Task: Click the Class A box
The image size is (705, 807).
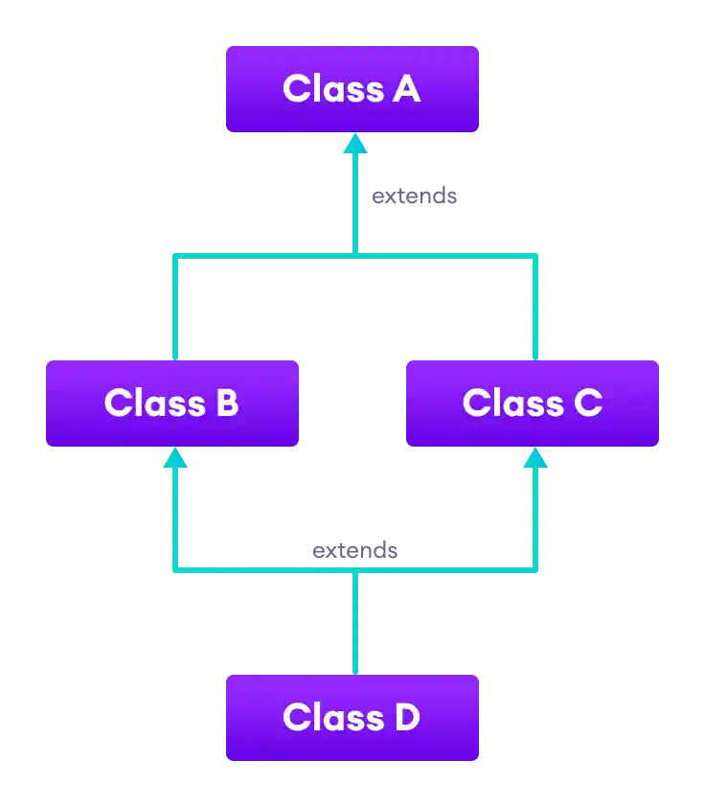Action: tap(352, 89)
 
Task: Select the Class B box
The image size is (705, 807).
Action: tap(171, 403)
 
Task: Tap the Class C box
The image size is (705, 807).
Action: tap(532, 403)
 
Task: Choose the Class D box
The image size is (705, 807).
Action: tap(352, 718)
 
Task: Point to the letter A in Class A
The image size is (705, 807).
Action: tap(406, 89)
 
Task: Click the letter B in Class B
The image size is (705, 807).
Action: tap(227, 403)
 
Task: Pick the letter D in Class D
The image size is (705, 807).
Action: tap(406, 718)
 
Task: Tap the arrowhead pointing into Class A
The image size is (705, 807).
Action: tap(355, 143)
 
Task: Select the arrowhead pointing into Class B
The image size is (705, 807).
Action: tap(174, 457)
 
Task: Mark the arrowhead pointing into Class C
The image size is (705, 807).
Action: tap(534, 457)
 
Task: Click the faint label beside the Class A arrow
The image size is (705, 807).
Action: tap(414, 197)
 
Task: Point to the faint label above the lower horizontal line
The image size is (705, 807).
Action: tap(352, 551)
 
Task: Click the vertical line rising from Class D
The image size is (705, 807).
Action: tap(355, 623)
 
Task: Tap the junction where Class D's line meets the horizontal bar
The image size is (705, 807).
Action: tap(355, 571)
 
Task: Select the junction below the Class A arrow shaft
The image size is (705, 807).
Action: tap(355, 256)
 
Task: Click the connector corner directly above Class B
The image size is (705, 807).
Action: tap(175, 257)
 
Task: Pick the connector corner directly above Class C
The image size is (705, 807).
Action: tap(535, 257)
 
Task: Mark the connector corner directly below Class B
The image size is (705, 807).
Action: tap(175, 570)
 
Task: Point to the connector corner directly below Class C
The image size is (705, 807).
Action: tap(535, 570)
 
